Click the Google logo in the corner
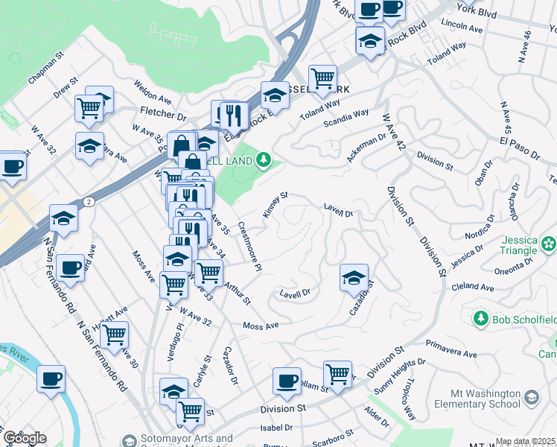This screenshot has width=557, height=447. [x=25, y=437]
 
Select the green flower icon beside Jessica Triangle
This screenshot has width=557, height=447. [x=549, y=243]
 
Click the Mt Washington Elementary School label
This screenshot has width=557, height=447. [x=485, y=399]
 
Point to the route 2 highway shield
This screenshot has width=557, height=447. [x=89, y=201]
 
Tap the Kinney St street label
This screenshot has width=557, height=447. [x=275, y=206]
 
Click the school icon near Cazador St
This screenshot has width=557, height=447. [x=354, y=278]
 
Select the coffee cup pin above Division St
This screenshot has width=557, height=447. [x=286, y=381]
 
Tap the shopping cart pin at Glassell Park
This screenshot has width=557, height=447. [x=322, y=77]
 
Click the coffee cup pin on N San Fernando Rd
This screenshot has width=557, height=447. [x=70, y=267]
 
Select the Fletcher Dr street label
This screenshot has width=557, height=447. [x=162, y=115]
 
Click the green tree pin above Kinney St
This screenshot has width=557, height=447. [x=263, y=159]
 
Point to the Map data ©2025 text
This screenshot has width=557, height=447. [x=526, y=441]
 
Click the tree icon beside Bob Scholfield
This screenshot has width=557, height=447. [x=480, y=319]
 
